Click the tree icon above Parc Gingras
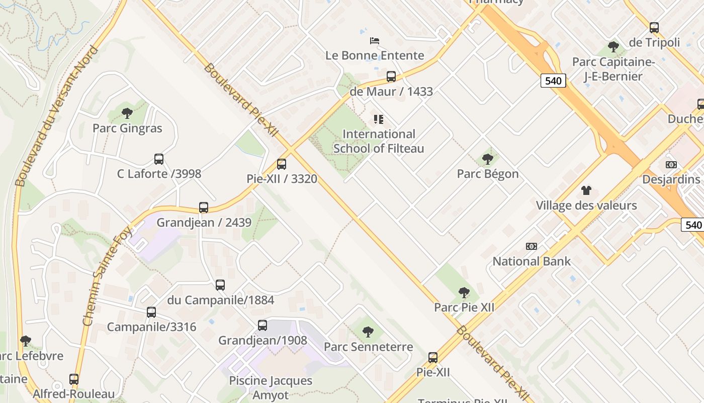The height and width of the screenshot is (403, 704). click(x=127, y=113)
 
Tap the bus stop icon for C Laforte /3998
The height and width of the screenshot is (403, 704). click(x=159, y=159)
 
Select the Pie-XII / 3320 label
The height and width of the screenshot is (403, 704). click(x=282, y=178)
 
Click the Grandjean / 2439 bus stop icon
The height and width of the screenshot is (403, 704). click(x=204, y=207)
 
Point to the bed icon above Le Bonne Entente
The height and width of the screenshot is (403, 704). click(x=375, y=41)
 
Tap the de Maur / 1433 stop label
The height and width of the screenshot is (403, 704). click(x=391, y=92)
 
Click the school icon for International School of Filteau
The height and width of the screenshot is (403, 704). click(x=379, y=119)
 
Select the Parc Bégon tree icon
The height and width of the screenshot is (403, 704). click(x=487, y=159)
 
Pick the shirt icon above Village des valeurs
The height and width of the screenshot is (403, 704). click(x=586, y=190)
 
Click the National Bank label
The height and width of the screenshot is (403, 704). click(x=532, y=261)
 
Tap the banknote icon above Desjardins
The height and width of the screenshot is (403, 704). click(x=671, y=165)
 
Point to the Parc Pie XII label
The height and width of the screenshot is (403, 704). click(x=464, y=307)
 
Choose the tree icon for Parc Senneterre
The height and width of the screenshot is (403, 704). click(x=368, y=331)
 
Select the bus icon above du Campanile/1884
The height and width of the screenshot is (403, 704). click(x=220, y=285)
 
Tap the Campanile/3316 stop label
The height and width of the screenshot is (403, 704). click(x=151, y=327)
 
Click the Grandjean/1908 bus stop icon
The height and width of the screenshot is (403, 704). click(x=262, y=325)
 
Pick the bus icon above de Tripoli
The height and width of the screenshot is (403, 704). click(x=654, y=28)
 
